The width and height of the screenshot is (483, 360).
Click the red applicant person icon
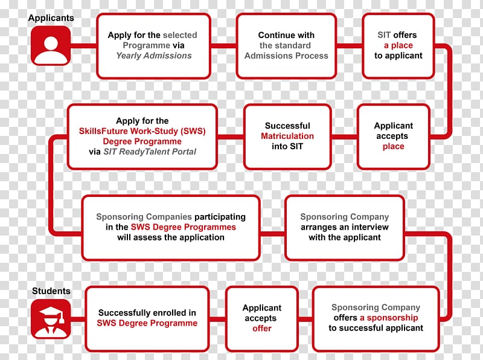(x=51, y=45)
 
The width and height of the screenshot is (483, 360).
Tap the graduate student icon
(x=51, y=319)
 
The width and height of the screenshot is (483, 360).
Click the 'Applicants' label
(x=51, y=18)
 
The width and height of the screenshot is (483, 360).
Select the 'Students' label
(x=51, y=291)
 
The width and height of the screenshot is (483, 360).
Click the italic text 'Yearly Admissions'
(x=154, y=56)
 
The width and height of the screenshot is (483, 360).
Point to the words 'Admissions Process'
(x=286, y=56)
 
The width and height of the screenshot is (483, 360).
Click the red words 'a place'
(x=398, y=45)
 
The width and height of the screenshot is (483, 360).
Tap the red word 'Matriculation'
(x=287, y=136)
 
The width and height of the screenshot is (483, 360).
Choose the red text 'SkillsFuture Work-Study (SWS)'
(x=142, y=131)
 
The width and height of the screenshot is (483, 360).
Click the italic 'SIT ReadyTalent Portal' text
(x=150, y=152)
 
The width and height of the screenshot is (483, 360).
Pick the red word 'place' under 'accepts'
(x=394, y=146)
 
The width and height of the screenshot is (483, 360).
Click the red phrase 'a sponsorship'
(x=389, y=318)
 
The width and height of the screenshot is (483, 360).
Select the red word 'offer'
(x=262, y=328)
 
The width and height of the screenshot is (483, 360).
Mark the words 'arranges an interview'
(x=345, y=227)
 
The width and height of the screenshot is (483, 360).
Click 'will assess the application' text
(x=171, y=237)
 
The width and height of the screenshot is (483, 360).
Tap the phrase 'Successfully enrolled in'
(x=147, y=313)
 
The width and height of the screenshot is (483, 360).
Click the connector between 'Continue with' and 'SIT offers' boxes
(x=350, y=46)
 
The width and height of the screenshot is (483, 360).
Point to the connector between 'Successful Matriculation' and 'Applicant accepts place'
(x=344, y=137)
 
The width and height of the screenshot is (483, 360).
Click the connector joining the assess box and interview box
(x=273, y=234)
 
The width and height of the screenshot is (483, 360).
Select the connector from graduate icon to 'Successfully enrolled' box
(x=78, y=319)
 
